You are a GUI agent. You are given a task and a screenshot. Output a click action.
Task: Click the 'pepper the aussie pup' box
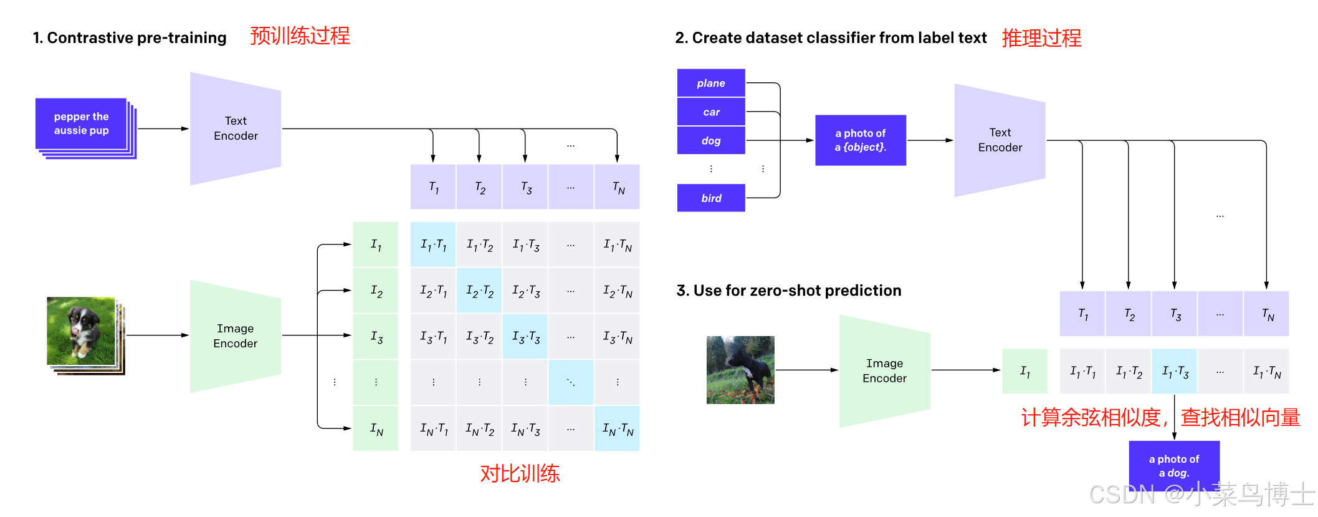pos(81,123)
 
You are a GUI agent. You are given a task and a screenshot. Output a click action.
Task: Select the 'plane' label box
pos(711,83)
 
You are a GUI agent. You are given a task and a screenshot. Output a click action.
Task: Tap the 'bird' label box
pos(711,198)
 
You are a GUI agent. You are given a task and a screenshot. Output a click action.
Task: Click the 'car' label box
pos(711,112)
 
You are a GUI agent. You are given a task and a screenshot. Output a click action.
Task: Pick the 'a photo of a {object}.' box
pos(860,140)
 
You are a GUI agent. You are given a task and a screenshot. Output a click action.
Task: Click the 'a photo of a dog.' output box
pos(1174,465)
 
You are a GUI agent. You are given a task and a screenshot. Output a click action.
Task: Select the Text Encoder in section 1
pos(236,128)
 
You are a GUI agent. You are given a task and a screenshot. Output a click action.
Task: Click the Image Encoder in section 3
pos(884,370)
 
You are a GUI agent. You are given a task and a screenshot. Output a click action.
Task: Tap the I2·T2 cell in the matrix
pos(479,291)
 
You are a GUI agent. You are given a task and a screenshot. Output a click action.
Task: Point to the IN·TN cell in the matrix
pos(617,429)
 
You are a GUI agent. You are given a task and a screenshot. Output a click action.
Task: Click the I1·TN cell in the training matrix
pos(617,244)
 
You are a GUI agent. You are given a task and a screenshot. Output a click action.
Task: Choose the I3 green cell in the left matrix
pos(376,337)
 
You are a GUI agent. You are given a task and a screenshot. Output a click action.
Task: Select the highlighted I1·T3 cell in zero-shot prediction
pos(1175,372)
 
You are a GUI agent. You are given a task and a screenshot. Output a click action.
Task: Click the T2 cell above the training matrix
pos(479,187)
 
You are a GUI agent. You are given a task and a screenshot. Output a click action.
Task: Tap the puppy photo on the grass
pos(81,331)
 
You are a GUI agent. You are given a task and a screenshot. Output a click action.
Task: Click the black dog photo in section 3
pos(740,370)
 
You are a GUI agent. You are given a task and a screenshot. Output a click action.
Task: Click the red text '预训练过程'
pos(300,36)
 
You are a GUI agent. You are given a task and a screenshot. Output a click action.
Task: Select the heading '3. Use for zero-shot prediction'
pos(789,291)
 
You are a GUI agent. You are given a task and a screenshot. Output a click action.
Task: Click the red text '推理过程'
pos(1041,38)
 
